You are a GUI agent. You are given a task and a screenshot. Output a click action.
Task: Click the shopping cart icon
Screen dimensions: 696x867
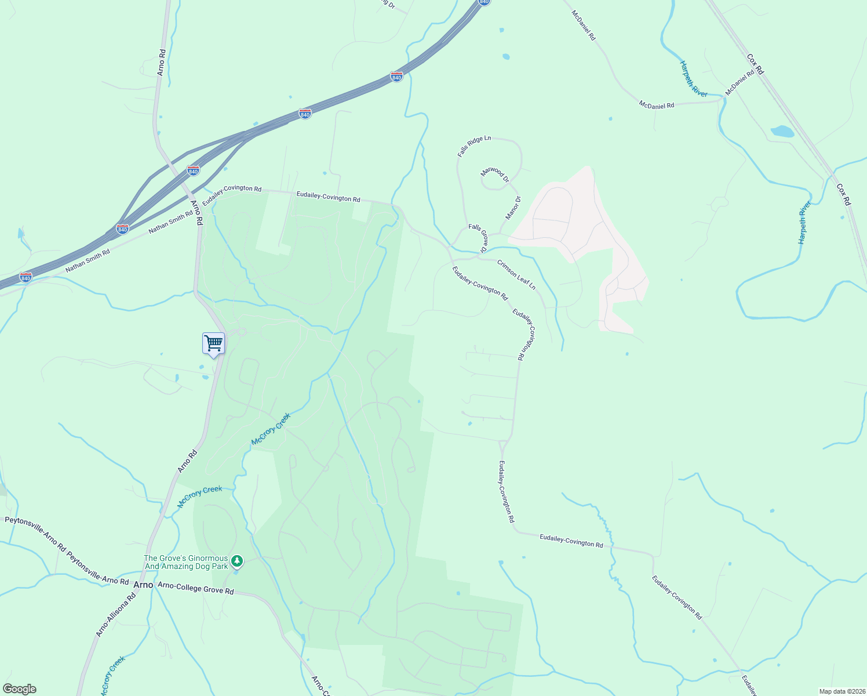click(x=213, y=343)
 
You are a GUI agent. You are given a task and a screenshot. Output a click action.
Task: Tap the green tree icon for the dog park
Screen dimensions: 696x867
click(x=236, y=561)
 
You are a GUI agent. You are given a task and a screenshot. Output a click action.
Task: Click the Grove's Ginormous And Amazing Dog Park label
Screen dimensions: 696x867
click(x=185, y=562)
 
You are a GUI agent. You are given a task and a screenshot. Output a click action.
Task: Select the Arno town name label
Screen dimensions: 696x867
click(x=143, y=585)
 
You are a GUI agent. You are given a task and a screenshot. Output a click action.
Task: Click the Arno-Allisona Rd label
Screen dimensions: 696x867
click(x=115, y=615)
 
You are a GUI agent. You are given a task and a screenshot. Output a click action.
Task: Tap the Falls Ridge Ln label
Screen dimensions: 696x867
click(x=473, y=147)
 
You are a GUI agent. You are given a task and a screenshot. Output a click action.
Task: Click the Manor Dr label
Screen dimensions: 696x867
click(x=513, y=208)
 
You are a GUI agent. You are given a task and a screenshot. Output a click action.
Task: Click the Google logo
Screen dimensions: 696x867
click(x=19, y=689)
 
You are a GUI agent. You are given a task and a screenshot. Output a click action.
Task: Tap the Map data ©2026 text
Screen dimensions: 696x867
click(x=841, y=691)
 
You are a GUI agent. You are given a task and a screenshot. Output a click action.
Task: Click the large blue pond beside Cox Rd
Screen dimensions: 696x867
click(x=782, y=131)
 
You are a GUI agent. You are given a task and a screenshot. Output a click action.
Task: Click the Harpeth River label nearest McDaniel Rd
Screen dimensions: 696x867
click(x=694, y=78)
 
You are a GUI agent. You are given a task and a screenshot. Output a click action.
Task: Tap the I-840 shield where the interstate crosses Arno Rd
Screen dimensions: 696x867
click(x=194, y=171)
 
